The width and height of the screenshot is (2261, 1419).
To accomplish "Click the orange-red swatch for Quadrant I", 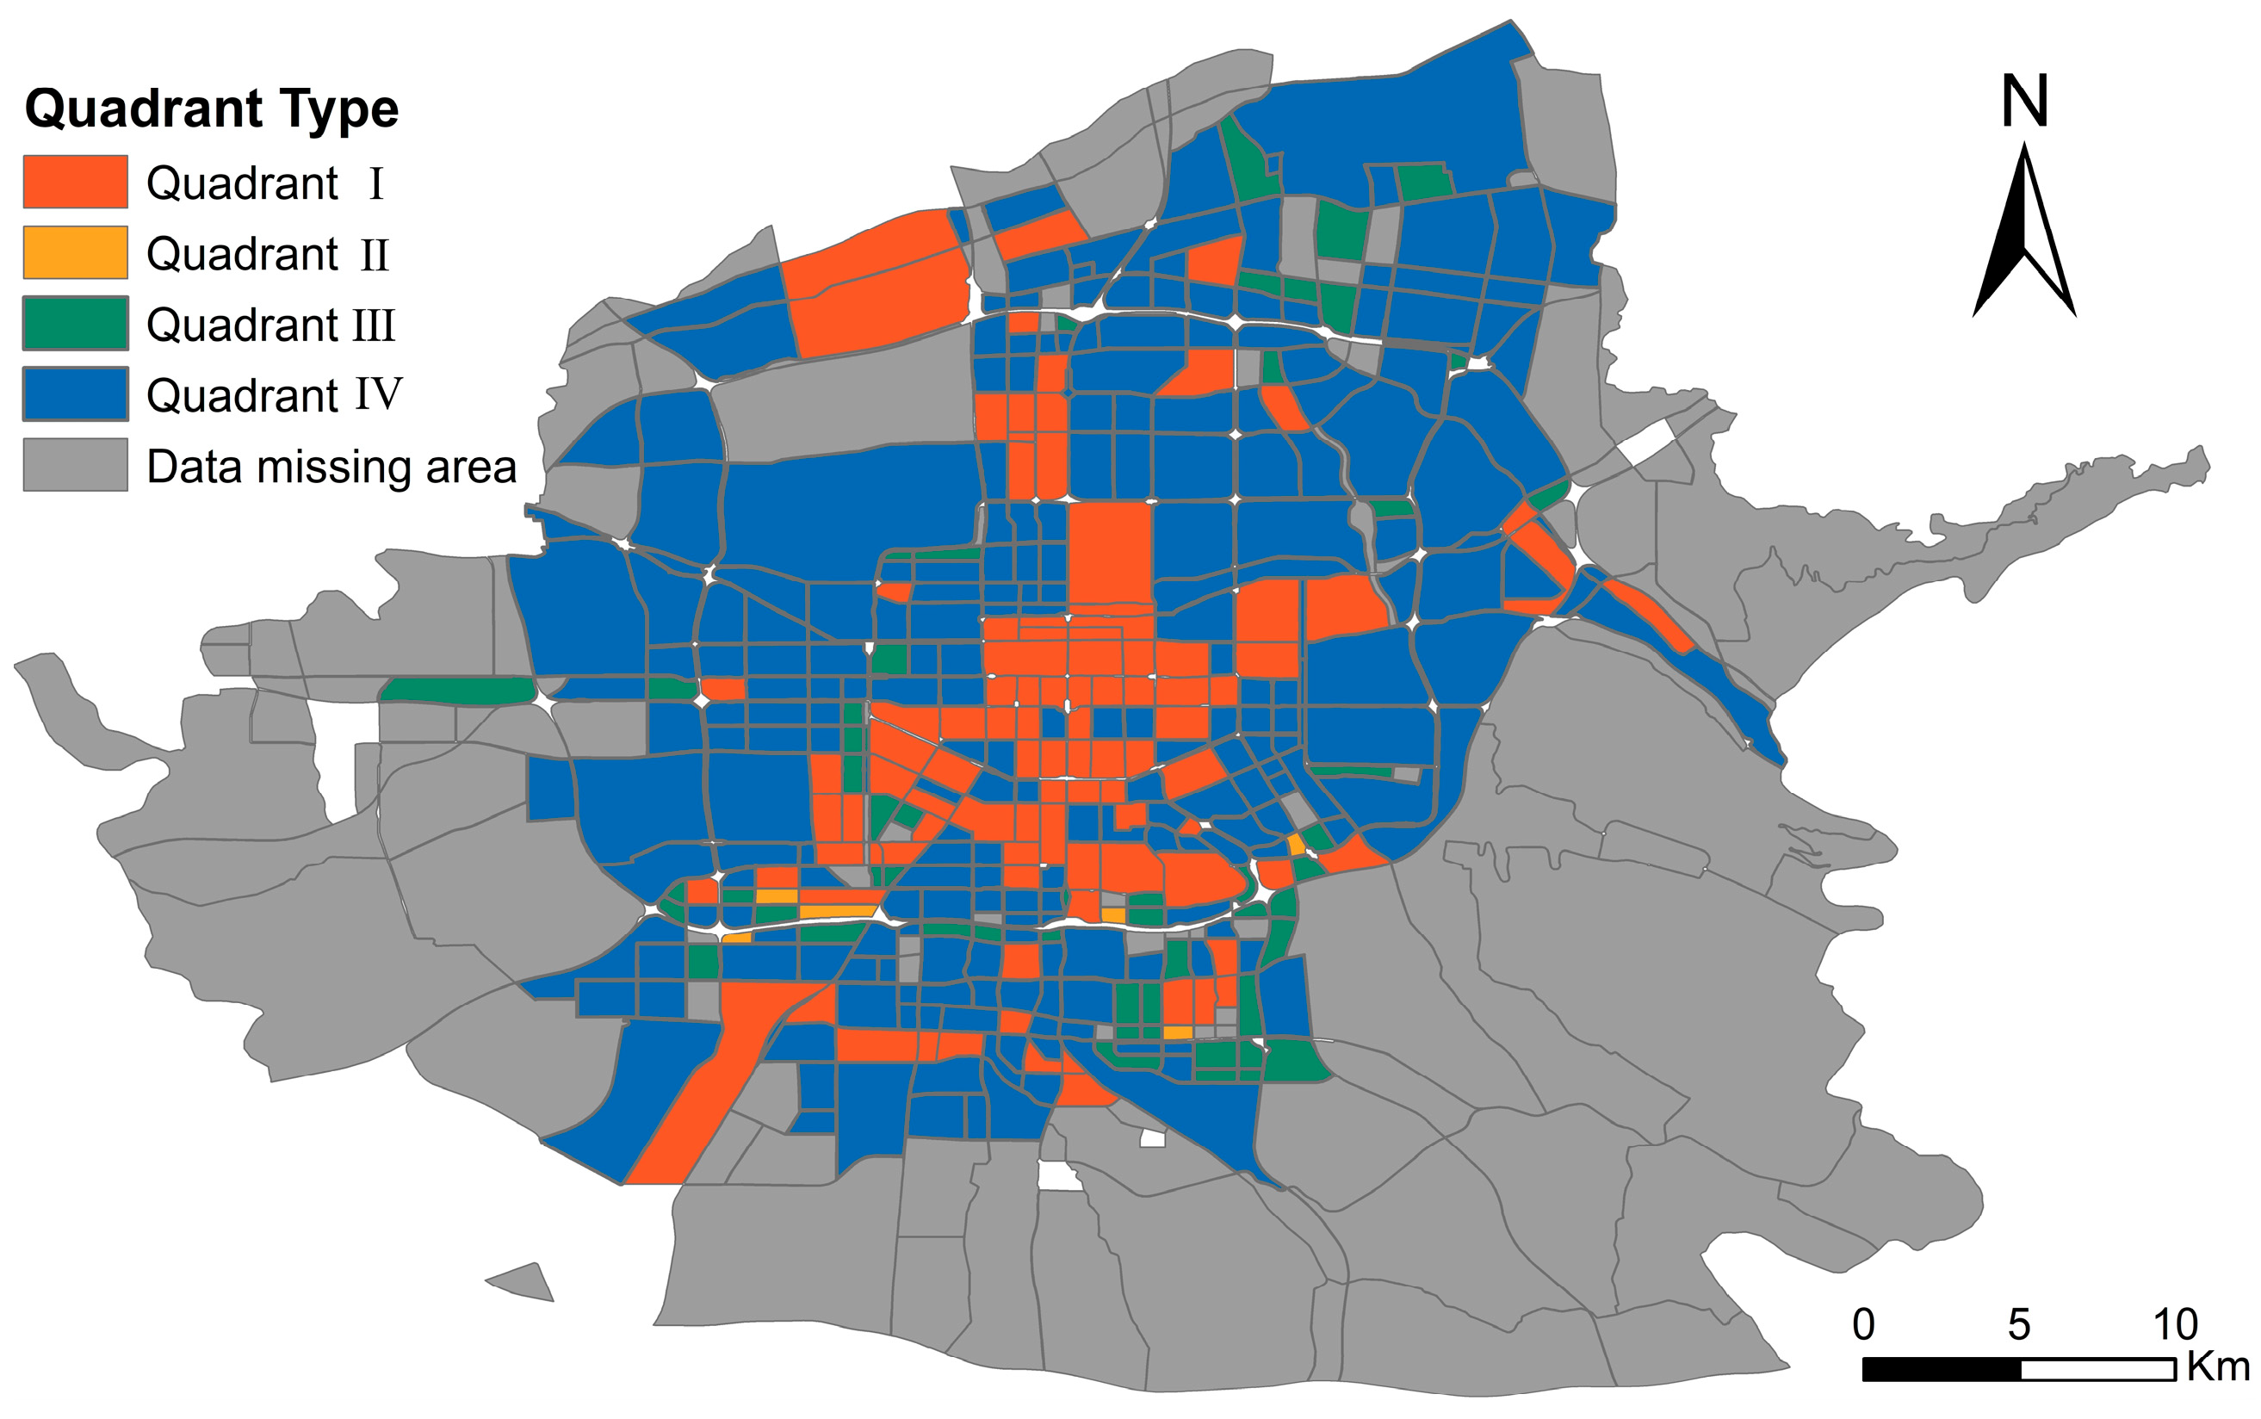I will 75,181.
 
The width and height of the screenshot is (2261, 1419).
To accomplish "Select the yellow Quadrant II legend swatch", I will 75,252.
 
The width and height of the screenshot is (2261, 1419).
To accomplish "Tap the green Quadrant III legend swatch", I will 75,323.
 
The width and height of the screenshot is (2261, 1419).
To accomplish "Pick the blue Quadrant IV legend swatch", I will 75,394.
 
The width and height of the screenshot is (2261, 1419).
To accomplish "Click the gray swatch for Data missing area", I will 75,465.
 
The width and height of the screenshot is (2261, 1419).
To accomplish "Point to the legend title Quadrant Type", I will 212,108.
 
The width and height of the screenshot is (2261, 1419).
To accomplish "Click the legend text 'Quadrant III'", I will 270,325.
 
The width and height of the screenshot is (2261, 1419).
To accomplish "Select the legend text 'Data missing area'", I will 331,467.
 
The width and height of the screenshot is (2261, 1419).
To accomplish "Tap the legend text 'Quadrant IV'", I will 274,395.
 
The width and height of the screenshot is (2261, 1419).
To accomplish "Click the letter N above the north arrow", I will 2023,102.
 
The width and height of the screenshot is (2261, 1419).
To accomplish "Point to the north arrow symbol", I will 2023,234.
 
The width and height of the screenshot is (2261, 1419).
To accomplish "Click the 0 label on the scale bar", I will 1863,1324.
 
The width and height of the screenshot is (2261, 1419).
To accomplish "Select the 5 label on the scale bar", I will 2019,1324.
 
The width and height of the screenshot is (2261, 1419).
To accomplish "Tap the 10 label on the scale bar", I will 2175,1324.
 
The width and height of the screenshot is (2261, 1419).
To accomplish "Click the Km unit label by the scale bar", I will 2218,1366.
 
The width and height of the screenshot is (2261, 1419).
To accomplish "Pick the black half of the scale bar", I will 1941,1369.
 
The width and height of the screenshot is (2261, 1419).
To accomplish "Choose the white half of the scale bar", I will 2097,1369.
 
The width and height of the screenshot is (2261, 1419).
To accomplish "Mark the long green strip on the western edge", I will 457,690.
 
